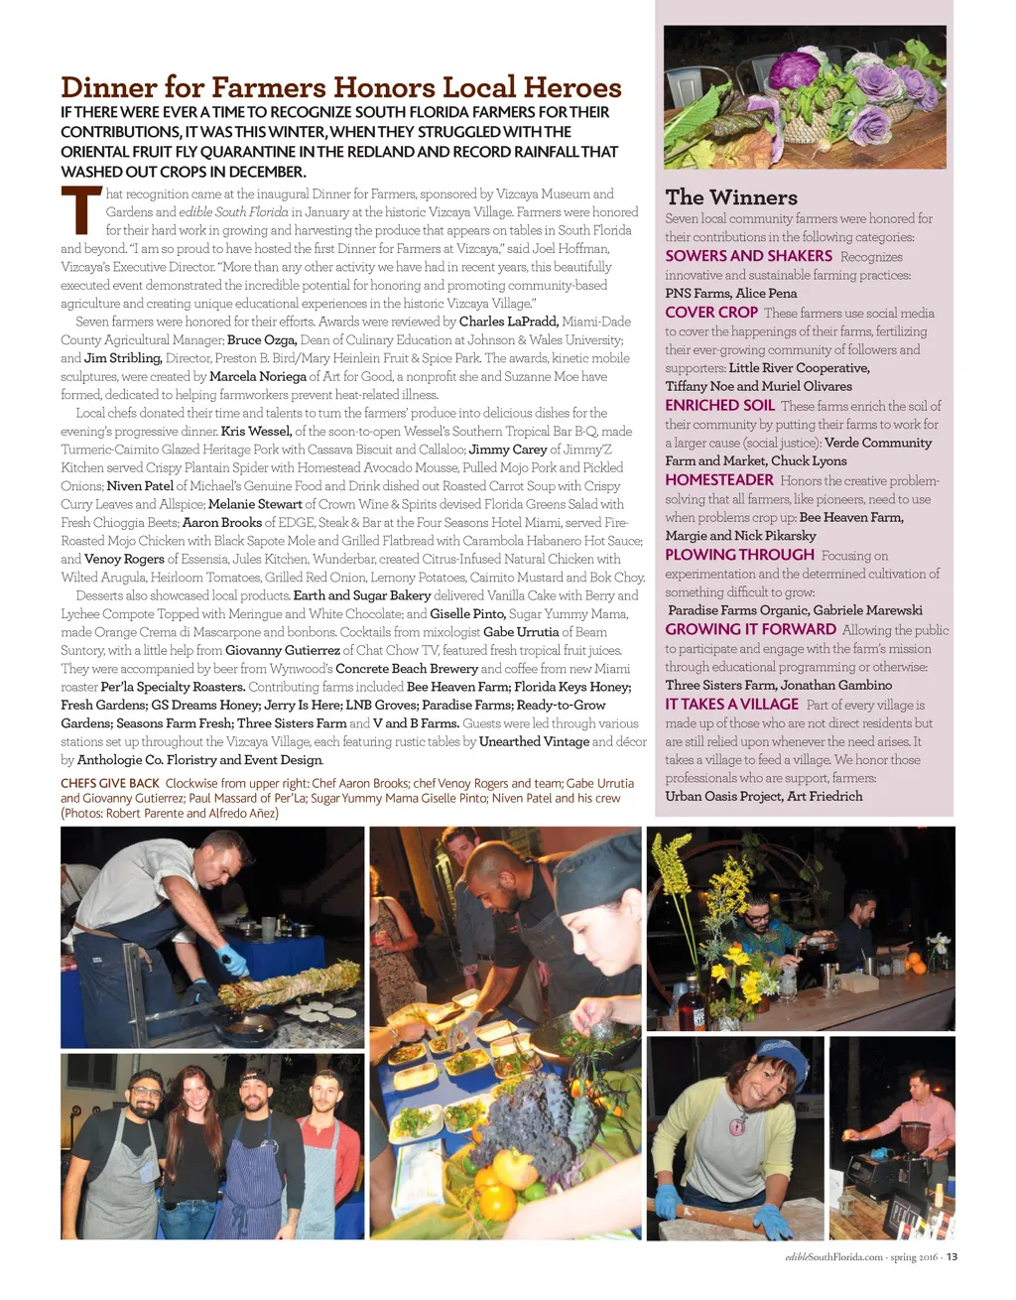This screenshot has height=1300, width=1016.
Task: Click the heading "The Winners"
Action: point(731,196)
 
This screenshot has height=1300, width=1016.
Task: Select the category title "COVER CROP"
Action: point(711,312)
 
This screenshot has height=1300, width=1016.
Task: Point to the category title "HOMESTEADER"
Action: point(719,479)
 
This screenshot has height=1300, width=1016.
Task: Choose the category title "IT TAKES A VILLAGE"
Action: point(731,704)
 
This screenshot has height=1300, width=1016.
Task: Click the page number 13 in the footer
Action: point(952,1256)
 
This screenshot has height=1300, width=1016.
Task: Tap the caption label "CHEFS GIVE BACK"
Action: point(110,783)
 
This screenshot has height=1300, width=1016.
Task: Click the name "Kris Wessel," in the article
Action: point(256,431)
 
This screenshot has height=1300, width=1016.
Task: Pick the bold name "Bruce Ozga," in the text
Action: point(262,339)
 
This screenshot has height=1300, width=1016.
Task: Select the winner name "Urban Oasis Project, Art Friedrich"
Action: point(764,796)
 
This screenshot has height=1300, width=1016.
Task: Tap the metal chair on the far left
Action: point(688,89)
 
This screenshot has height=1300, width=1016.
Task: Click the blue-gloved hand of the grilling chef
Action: point(232,959)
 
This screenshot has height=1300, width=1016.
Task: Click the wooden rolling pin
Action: point(734,1213)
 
